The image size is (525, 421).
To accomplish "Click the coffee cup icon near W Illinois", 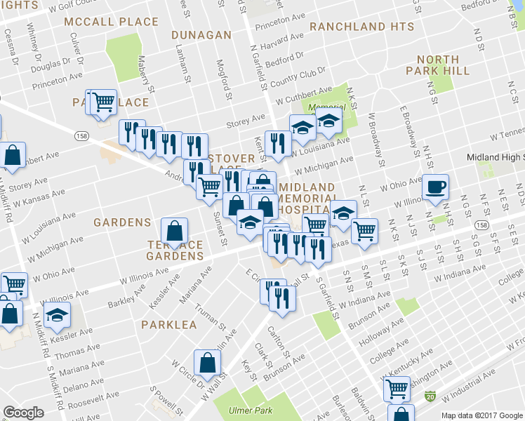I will (435, 187).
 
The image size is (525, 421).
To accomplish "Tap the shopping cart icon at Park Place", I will (102, 102).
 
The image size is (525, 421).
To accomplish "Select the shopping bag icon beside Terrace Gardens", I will (174, 230).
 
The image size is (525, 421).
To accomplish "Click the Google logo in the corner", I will (23, 413).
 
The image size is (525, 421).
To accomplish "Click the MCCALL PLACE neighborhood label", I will (112, 22).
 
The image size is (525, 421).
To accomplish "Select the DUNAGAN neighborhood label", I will (202, 35).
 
